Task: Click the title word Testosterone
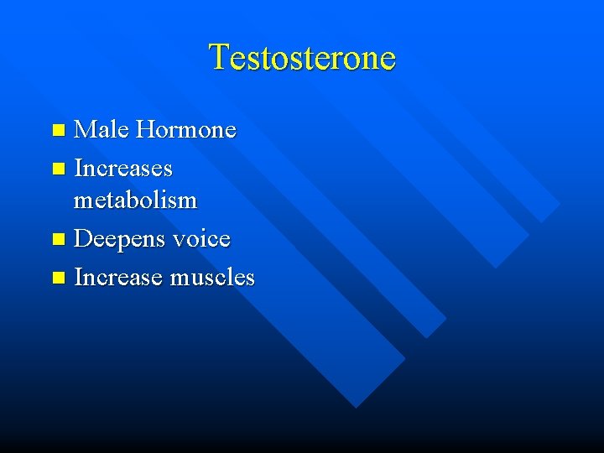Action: tap(302, 57)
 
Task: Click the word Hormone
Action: tap(186, 130)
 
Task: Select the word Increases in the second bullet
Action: tap(123, 169)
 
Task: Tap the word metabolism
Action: tap(135, 201)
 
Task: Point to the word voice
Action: tap(201, 239)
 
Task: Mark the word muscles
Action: tap(212, 277)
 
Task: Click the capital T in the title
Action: tap(219, 57)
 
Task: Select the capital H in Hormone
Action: tap(145, 130)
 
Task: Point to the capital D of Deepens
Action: tap(83, 239)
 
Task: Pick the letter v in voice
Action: tap(179, 241)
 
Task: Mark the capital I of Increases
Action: tap(78, 169)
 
